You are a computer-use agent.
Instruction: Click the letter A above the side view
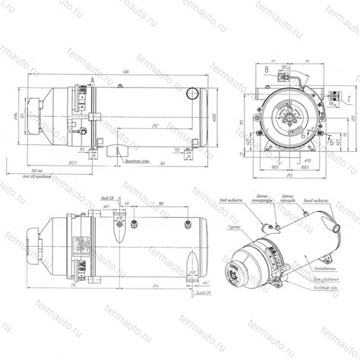(x=92, y=78)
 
